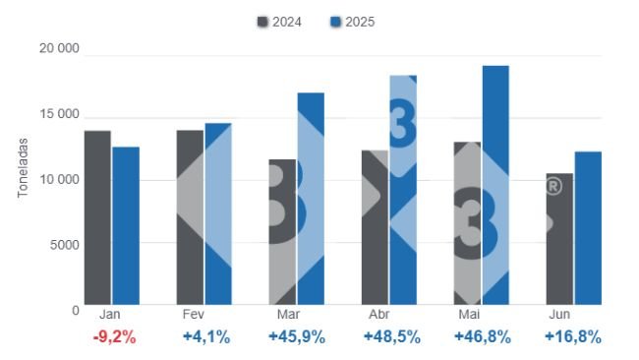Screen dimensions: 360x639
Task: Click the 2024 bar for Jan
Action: coord(97,217)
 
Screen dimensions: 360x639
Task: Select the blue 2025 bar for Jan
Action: coord(126,225)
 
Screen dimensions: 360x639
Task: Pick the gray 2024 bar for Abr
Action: coord(375,227)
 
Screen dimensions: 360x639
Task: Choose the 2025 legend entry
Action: coord(353,22)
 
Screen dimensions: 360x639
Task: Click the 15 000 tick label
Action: coord(58,115)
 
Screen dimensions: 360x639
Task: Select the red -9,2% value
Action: coord(113,337)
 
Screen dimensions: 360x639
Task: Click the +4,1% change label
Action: coord(206,337)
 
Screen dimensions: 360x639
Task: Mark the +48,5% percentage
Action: coord(391,337)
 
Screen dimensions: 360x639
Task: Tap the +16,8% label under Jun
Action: coord(573,337)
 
